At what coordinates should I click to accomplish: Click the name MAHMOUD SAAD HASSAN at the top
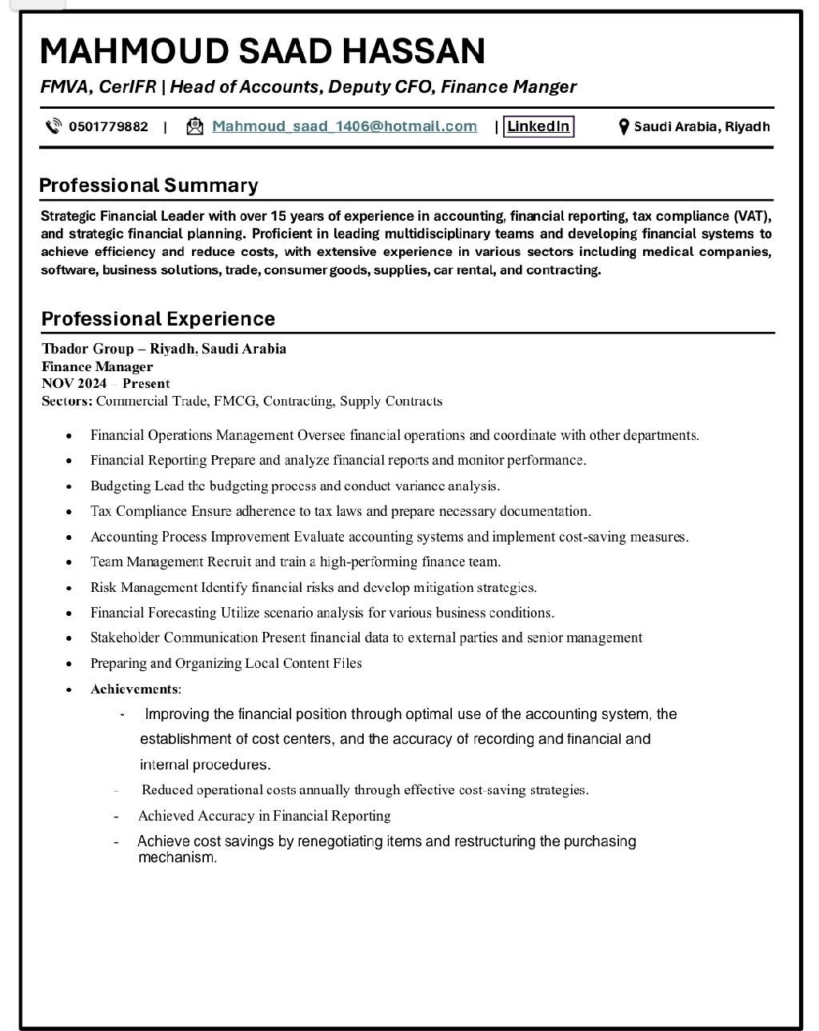[262, 51]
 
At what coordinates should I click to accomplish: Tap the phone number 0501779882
[108, 126]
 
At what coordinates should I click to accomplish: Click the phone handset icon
[54, 126]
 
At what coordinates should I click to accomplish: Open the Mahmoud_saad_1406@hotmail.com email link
[344, 126]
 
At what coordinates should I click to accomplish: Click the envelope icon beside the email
[194, 126]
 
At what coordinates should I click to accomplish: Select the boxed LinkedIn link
[538, 126]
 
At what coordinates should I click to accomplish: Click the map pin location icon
[624, 126]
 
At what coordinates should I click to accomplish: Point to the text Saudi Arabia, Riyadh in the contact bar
[701, 126]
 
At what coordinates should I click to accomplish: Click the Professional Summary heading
[149, 186]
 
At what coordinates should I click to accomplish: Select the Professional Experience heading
[158, 319]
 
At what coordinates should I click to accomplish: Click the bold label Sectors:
[67, 401]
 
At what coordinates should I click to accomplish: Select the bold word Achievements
[134, 689]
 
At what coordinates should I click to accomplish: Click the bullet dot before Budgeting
[70, 486]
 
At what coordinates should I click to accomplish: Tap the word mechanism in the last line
[177, 858]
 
